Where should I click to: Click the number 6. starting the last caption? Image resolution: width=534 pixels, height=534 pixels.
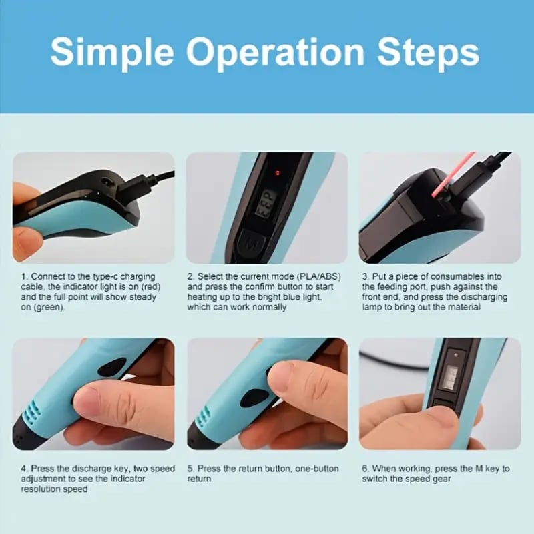366,469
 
